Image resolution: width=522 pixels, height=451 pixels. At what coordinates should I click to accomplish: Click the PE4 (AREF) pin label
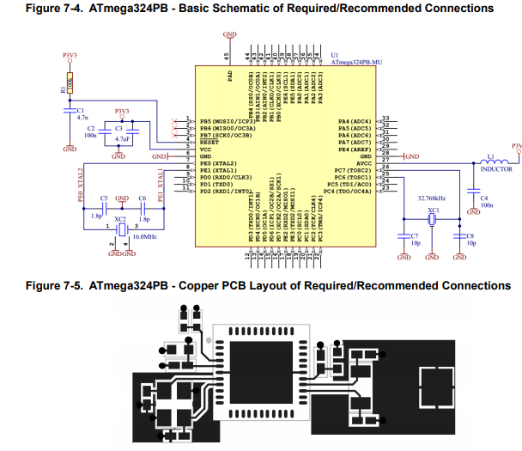coord(355,149)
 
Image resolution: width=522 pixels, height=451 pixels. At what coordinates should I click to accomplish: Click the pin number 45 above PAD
coord(227,55)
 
